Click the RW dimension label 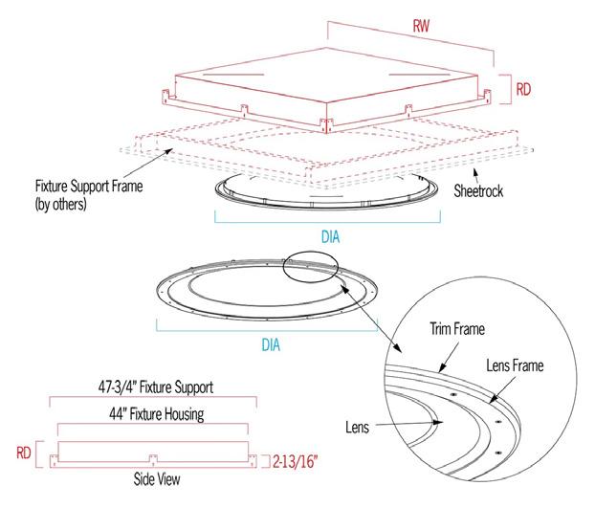(421, 26)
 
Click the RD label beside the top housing (523, 90)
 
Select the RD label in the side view (24, 453)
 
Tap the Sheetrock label (478, 190)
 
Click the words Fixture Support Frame (89, 187)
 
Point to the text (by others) (60, 204)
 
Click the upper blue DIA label (331, 237)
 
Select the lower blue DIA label (271, 344)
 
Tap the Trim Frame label (457, 328)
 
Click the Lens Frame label (515, 365)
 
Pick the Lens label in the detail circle (357, 428)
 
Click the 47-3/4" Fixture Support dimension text (156, 387)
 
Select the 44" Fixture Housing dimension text (157, 414)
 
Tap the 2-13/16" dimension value (296, 462)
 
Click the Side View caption (157, 479)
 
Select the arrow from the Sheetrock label (475, 175)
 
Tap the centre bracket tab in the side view (153, 459)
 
